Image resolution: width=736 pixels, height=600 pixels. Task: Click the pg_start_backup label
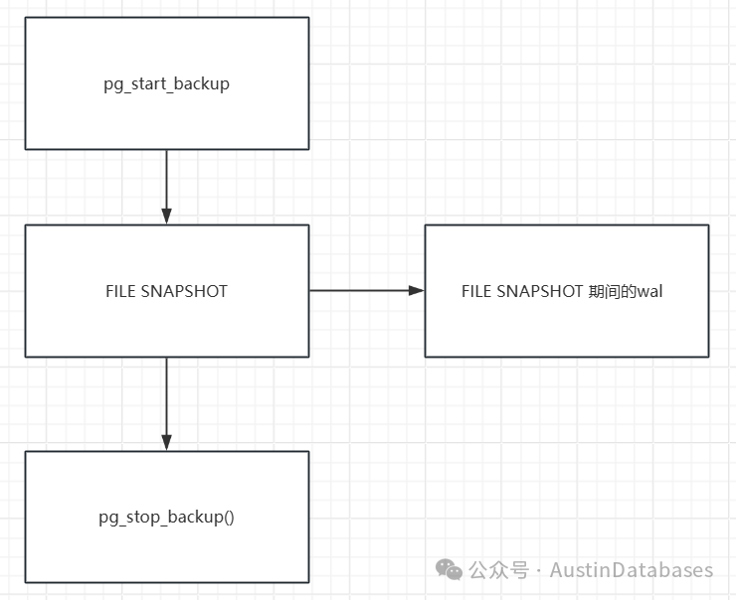[x=167, y=84]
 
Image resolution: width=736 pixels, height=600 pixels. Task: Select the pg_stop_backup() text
[x=167, y=517]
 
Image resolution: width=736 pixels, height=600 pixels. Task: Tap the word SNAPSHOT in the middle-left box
[x=184, y=291]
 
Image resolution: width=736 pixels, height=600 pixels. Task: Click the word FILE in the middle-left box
[x=120, y=291]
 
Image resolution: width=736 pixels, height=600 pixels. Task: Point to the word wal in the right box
[x=649, y=291]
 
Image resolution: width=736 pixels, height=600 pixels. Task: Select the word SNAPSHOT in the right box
[x=540, y=291]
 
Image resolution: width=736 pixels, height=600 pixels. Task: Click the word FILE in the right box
[x=476, y=291]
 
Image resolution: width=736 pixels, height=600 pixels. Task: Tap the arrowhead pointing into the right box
[x=417, y=291]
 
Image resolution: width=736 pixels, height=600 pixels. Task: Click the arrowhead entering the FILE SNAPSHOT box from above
[x=167, y=217]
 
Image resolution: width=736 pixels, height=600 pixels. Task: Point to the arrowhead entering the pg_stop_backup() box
[x=167, y=442]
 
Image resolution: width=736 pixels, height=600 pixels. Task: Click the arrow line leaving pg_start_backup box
[x=167, y=187]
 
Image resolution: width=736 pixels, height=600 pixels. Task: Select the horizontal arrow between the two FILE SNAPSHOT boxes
[x=367, y=291]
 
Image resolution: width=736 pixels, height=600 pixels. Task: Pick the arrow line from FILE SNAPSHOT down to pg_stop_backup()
[x=167, y=404]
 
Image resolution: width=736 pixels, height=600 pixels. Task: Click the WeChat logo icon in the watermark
[x=450, y=569]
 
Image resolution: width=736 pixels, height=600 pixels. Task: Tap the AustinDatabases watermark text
[x=632, y=570]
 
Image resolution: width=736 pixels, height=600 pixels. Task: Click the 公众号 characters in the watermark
[x=499, y=570]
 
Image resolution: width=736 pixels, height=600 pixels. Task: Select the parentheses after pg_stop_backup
[x=229, y=517]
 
